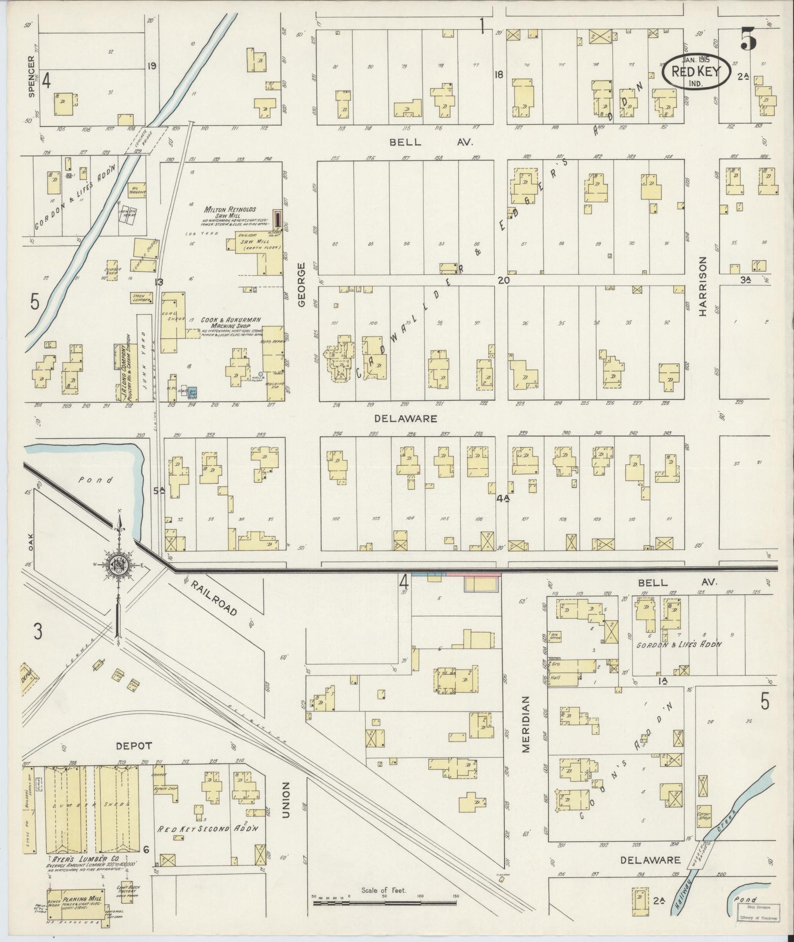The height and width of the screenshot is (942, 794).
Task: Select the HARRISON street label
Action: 702,286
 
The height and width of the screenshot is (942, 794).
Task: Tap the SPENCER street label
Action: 32,76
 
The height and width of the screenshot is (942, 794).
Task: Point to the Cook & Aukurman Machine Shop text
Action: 224,323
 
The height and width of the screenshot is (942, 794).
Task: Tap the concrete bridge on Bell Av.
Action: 144,140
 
